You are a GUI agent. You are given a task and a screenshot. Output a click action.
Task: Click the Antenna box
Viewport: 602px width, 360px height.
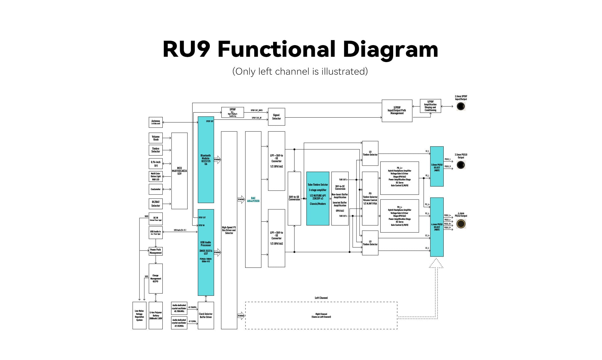tap(156, 122)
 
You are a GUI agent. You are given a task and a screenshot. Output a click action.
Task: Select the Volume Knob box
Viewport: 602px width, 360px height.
tap(156, 138)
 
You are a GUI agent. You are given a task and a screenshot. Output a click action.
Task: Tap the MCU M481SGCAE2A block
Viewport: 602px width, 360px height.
tap(179, 171)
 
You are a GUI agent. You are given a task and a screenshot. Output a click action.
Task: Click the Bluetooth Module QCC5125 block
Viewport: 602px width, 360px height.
tap(206, 160)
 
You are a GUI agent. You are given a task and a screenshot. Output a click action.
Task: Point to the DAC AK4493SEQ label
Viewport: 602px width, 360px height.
tap(253, 199)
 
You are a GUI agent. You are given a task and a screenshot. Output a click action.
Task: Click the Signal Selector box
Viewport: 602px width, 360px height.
tap(276, 117)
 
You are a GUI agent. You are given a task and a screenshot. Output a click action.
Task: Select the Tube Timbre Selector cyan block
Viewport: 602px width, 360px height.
tap(318, 198)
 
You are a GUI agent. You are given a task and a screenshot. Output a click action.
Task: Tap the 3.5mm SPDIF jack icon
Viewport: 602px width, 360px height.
tap(461, 106)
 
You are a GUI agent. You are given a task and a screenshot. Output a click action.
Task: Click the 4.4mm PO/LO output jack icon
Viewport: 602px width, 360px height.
tap(461, 224)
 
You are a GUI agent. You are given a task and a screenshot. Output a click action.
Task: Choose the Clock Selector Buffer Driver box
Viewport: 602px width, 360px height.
tap(206, 315)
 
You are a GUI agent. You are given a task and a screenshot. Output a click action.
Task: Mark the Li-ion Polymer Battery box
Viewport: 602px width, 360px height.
tap(156, 315)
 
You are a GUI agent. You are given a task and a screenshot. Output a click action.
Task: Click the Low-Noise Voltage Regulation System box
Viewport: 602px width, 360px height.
tap(139, 315)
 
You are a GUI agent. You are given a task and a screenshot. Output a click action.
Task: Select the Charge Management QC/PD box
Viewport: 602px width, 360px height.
tap(156, 278)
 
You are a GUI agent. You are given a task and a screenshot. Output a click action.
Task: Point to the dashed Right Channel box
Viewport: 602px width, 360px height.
tap(321, 315)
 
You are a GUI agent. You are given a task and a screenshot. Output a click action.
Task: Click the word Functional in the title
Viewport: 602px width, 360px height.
tap(276, 49)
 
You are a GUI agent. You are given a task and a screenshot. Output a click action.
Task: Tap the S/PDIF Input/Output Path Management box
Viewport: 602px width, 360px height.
tap(397, 111)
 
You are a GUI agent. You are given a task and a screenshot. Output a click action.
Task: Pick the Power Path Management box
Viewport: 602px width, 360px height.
tap(156, 251)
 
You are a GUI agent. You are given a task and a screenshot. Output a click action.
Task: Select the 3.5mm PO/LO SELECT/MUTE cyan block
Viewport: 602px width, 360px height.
tap(437, 167)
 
